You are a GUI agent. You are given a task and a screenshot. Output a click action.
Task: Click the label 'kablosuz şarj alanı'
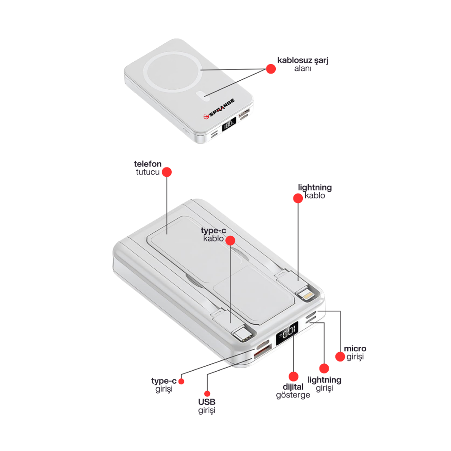[303, 64]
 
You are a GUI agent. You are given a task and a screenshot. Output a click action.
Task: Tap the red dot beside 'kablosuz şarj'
[271, 69]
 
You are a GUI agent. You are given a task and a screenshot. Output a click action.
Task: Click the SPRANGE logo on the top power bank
[219, 109]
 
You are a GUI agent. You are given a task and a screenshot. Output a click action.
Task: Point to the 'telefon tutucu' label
[148, 168]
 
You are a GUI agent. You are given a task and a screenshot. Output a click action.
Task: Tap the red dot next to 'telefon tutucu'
[167, 172]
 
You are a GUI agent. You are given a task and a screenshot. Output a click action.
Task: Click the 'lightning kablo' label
[315, 191]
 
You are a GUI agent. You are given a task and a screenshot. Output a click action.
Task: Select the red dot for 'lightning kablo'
[298, 198]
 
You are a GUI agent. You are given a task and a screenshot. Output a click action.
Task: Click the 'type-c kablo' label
[213, 234]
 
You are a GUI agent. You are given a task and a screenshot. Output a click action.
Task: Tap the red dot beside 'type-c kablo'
[230, 241]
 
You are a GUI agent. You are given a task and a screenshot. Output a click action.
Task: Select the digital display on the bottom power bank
[287, 333]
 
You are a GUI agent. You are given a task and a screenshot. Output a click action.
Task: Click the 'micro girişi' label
[355, 352]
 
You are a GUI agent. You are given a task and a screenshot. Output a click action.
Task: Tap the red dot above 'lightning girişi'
[324, 368]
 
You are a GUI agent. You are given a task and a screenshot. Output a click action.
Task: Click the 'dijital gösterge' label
[293, 391]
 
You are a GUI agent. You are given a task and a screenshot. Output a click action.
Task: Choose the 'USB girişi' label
[207, 406]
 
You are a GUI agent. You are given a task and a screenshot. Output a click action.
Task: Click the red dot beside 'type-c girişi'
[181, 381]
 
